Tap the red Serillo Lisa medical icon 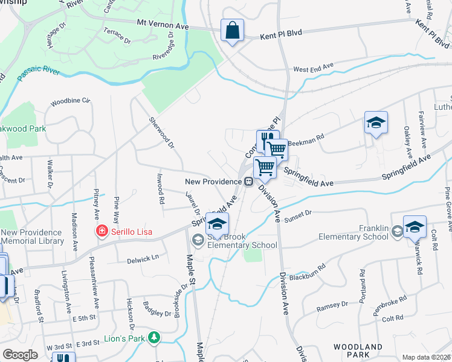(102, 231)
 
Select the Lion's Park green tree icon (155, 337)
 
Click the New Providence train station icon (248, 182)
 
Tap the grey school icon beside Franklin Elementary (397, 230)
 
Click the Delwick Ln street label (143, 257)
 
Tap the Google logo (20, 355)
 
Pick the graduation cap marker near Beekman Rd (376, 122)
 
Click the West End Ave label (313, 68)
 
